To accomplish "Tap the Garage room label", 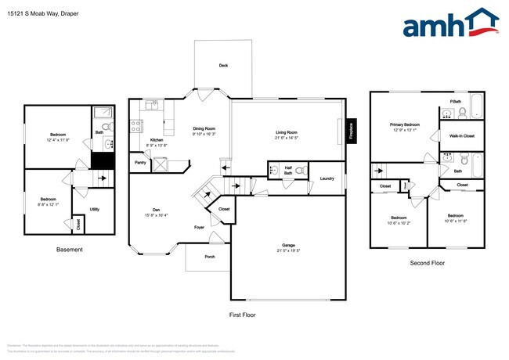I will click(x=288, y=246).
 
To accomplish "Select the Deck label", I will click(x=223, y=66).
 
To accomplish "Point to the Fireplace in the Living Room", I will click(x=351, y=129).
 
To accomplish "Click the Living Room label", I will click(x=286, y=133).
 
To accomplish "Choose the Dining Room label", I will click(x=204, y=128).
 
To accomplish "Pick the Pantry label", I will click(x=141, y=163).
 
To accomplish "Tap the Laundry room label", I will click(x=327, y=179).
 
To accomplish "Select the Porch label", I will click(x=210, y=256).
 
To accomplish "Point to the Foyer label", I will click(x=200, y=227).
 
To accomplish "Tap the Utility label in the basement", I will click(x=94, y=209).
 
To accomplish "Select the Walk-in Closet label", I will click(x=462, y=136).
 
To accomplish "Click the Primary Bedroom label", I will click(x=406, y=125).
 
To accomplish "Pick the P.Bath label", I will click(x=454, y=102).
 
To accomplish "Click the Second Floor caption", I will click(x=427, y=263).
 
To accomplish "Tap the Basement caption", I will click(x=70, y=250).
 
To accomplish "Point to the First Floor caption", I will click(x=243, y=314).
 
